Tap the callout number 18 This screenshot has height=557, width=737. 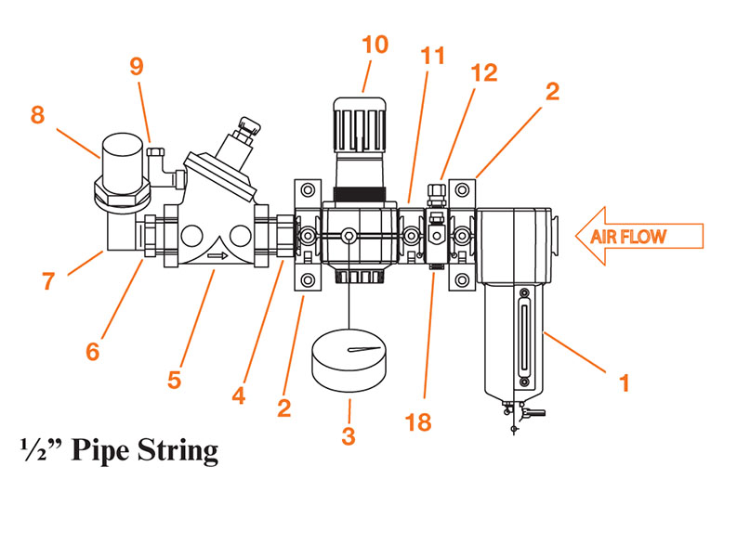click(x=420, y=422)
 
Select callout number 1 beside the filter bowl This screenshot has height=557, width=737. click(x=625, y=382)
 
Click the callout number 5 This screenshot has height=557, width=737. click(x=174, y=380)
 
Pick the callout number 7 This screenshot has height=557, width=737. click(x=47, y=281)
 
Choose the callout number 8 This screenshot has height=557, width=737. click(x=37, y=115)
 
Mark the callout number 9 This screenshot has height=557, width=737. click(x=137, y=67)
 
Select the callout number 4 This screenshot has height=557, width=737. click(x=239, y=395)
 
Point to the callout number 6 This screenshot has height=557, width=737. click(x=92, y=353)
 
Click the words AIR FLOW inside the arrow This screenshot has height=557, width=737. click(x=629, y=237)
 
